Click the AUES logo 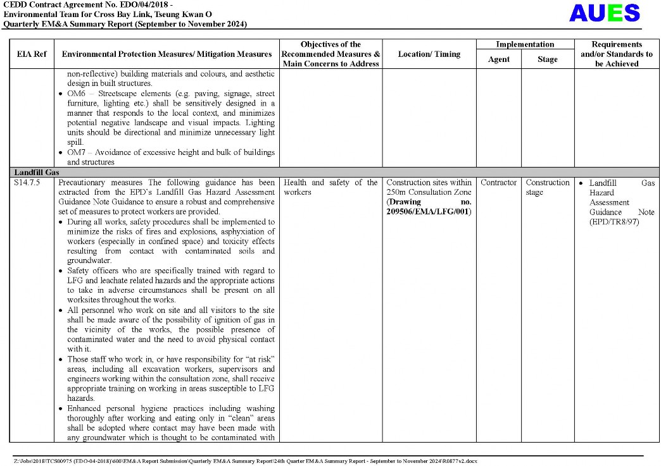(x=604, y=13)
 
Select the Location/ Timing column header (x=429, y=54)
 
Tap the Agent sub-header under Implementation (x=498, y=59)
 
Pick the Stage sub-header (x=547, y=59)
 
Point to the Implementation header (x=524, y=45)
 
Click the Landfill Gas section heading (x=36, y=172)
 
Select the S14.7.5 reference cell (x=27, y=183)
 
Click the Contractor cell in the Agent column (x=498, y=183)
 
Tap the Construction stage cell (x=547, y=187)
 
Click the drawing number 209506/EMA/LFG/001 (x=429, y=212)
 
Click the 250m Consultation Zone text (x=429, y=192)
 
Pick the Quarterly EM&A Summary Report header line (x=125, y=24)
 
